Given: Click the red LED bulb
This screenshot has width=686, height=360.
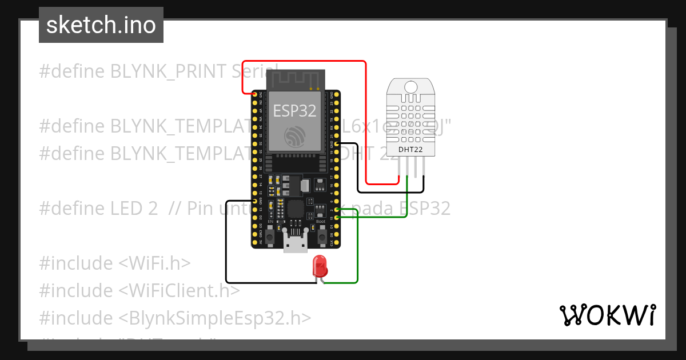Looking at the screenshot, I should click(320, 267).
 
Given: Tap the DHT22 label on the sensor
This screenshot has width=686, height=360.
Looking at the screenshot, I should click(411, 150).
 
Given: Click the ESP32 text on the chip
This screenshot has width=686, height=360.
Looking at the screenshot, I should click(294, 110).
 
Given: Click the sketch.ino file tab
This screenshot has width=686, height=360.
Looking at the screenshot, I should click(101, 25).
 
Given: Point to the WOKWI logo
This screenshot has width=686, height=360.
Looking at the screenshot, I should click(607, 315).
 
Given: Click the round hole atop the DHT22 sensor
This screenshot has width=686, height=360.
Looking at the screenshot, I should click(411, 87).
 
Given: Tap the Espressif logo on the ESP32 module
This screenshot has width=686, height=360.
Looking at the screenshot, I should click(294, 136).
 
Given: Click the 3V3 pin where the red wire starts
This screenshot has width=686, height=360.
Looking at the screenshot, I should click(255, 94).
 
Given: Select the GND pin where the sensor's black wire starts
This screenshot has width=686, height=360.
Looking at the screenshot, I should click(337, 144).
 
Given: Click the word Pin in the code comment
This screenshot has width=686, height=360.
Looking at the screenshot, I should click(200, 209).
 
